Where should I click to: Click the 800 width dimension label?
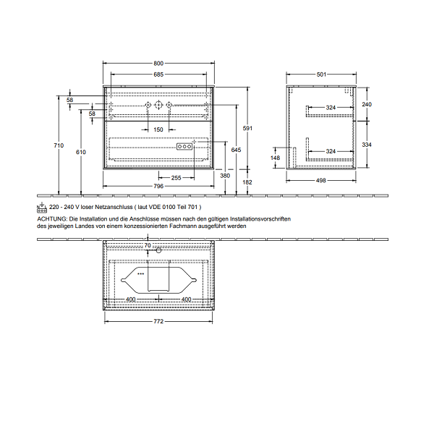(158, 64)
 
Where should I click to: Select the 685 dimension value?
(158, 75)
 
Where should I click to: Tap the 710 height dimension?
(59, 145)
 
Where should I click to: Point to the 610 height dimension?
(81, 152)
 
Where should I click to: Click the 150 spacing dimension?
(158, 129)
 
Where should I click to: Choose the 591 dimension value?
(247, 128)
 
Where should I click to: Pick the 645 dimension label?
(236, 150)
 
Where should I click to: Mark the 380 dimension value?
(225, 176)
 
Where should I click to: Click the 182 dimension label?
(247, 182)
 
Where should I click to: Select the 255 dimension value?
(176, 178)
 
